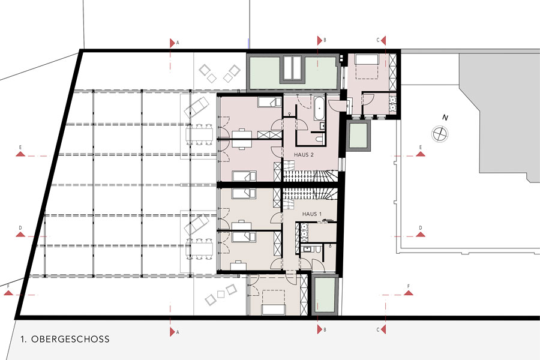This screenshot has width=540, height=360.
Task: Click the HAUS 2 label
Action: pyautogui.click(x=304, y=155)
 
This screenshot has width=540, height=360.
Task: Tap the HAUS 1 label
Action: pyautogui.click(x=311, y=214)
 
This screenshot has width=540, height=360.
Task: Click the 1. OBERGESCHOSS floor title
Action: pyautogui.click(x=65, y=339)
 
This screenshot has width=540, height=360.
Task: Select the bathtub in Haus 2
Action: pyautogui.click(x=319, y=108)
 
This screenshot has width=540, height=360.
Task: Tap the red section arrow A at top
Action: pyautogui.click(x=172, y=43)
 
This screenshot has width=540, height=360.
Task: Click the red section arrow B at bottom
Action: pyautogui.click(x=320, y=329)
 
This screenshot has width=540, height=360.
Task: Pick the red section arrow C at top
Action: pyautogui.click(x=383, y=40)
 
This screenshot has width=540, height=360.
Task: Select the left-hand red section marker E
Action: pyautogui.click(x=20, y=154)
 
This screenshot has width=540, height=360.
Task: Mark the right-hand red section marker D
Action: pyautogui.click(x=421, y=234)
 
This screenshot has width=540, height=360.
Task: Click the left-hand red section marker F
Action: pyautogui.click(x=8, y=293)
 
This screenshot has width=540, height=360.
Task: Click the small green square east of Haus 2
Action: pyautogui.click(x=358, y=136)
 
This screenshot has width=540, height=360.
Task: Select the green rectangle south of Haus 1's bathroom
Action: pyautogui.click(x=325, y=295)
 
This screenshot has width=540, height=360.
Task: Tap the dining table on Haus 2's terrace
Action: pyautogui.click(x=199, y=134)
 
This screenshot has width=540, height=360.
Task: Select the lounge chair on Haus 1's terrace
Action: pyautogui.click(x=197, y=224)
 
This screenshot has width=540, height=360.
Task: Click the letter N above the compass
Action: pyautogui.click(x=445, y=118)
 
